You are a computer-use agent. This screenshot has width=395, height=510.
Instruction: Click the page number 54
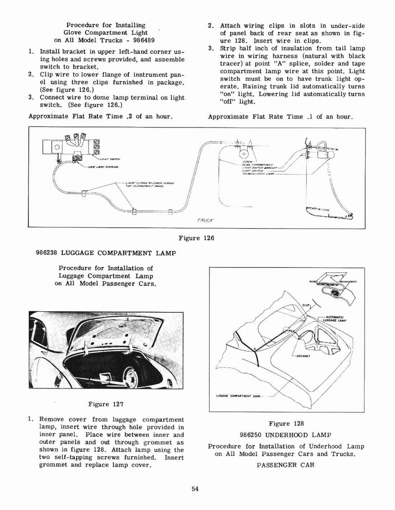[x=195, y=489]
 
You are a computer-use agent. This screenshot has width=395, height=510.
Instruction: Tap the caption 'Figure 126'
[x=196, y=238]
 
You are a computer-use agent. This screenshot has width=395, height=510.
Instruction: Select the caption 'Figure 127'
[x=106, y=404]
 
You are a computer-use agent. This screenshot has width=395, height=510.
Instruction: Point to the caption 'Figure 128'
[x=286, y=424]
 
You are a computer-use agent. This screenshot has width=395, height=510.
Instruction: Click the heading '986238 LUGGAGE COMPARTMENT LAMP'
[x=106, y=253]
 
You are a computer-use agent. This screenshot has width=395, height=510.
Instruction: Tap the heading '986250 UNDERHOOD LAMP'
[x=285, y=435]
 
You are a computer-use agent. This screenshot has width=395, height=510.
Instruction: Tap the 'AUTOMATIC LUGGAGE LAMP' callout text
[x=335, y=320]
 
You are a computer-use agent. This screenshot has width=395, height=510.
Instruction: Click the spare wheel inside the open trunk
[x=131, y=377]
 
